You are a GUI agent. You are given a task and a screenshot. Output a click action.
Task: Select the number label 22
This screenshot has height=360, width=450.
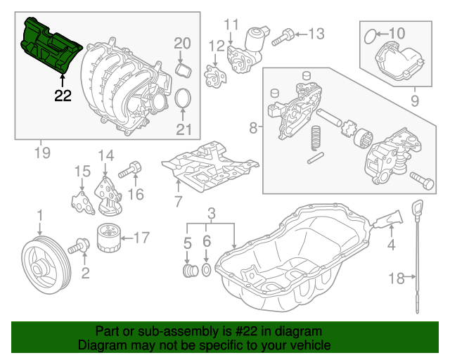[x=63, y=96]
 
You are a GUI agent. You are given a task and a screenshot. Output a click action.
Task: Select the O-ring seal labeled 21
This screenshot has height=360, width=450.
[x=184, y=99]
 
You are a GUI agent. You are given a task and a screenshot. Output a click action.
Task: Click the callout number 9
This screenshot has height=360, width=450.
[x=414, y=100]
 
